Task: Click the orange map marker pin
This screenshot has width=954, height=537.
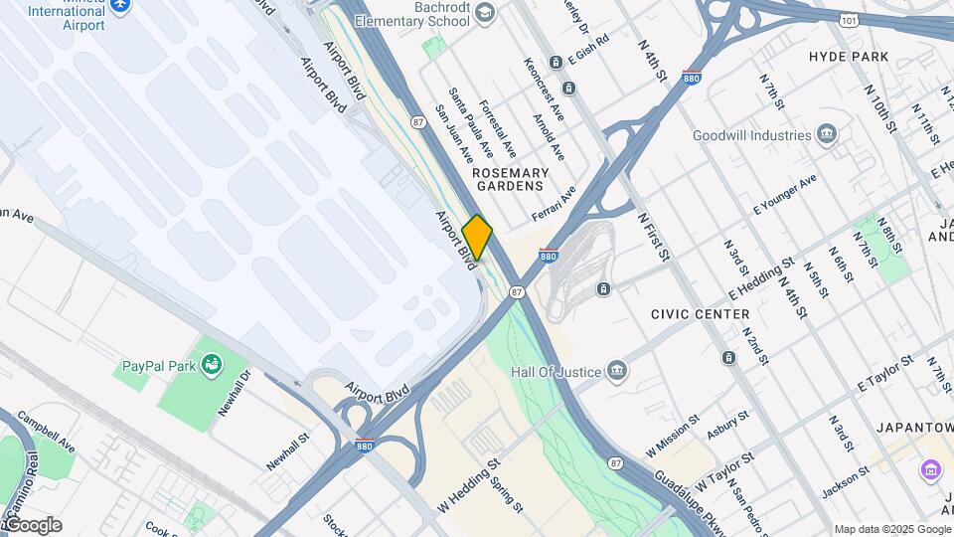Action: pos(477,238)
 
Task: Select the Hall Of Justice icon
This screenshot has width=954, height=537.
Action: pos(616,371)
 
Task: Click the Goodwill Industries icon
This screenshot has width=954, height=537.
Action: pos(827,135)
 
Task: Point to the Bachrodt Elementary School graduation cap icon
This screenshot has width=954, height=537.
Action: pos(484,12)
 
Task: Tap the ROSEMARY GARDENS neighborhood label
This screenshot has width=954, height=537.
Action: pos(510,179)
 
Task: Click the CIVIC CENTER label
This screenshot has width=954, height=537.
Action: pos(700,314)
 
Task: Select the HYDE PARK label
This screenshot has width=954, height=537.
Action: pos(849,57)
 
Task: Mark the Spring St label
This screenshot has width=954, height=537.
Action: pos(505,493)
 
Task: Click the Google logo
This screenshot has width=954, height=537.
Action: pos(32,524)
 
